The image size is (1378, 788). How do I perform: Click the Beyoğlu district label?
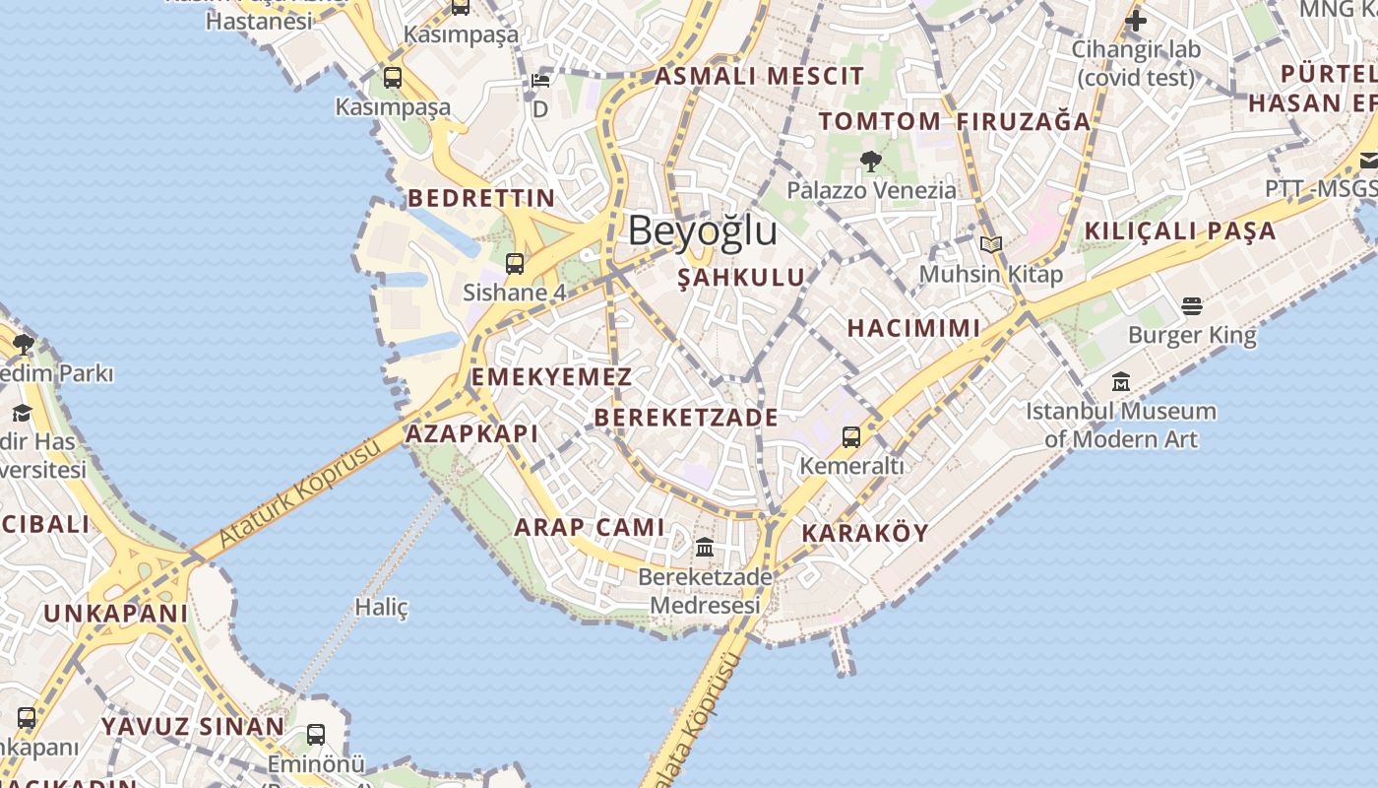pyautogui.click(x=703, y=231)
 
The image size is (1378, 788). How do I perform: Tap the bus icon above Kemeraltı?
pyautogui.click(x=851, y=436)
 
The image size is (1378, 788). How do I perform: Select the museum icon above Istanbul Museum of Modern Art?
pyautogui.click(x=1121, y=381)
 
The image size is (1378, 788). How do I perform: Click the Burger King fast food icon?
pyautogui.click(x=1192, y=306)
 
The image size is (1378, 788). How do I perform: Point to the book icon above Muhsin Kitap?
pyautogui.click(x=991, y=244)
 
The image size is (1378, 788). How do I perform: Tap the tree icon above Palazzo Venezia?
pyautogui.click(x=870, y=161)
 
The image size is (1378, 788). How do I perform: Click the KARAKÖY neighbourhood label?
pyautogui.click(x=865, y=534)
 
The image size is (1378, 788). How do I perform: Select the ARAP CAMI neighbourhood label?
pyautogui.click(x=590, y=527)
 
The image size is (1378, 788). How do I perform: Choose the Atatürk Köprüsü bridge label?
pyautogui.click(x=299, y=495)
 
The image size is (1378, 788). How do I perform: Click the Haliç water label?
pyautogui.click(x=381, y=607)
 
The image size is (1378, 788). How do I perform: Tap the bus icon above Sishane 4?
pyautogui.click(x=515, y=264)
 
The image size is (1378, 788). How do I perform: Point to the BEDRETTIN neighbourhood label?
pyautogui.click(x=481, y=198)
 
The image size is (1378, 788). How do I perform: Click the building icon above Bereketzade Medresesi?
pyautogui.click(x=705, y=547)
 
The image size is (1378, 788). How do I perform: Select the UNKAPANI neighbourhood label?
pyautogui.click(x=115, y=614)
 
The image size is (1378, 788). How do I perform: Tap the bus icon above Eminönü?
pyautogui.click(x=316, y=734)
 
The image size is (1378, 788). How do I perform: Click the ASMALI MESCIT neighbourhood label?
pyautogui.click(x=759, y=76)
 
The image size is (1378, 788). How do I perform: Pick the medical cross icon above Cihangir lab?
pyautogui.click(x=1136, y=20)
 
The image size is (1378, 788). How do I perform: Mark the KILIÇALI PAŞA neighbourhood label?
pyautogui.click(x=1180, y=231)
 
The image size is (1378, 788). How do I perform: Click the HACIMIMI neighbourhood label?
pyautogui.click(x=913, y=328)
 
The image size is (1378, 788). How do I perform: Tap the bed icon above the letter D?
pyautogui.click(x=539, y=81)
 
